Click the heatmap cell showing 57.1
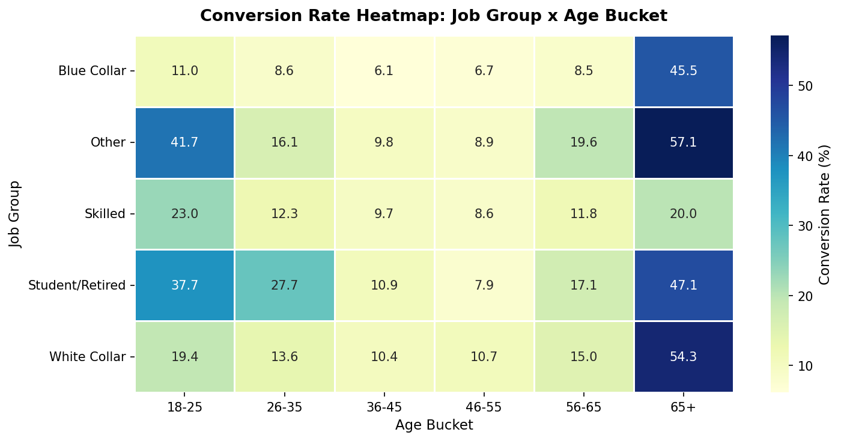click(x=684, y=142)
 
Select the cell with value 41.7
click(x=184, y=142)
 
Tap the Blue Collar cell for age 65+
click(x=684, y=71)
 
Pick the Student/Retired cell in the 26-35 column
click(x=284, y=285)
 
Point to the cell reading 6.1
click(x=384, y=71)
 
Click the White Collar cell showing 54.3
click(x=684, y=357)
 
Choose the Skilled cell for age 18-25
click(x=184, y=214)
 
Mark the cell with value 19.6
click(x=584, y=142)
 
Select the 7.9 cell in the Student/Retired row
click(x=484, y=285)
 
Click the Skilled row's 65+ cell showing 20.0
click(x=684, y=214)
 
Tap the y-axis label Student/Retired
click(x=77, y=285)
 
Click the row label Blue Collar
click(x=92, y=71)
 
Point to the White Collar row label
click(x=87, y=357)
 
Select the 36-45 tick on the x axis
click(x=384, y=407)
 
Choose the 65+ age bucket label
click(x=684, y=407)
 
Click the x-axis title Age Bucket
click(x=434, y=425)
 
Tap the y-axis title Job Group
click(x=15, y=214)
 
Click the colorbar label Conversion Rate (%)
click(x=825, y=214)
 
